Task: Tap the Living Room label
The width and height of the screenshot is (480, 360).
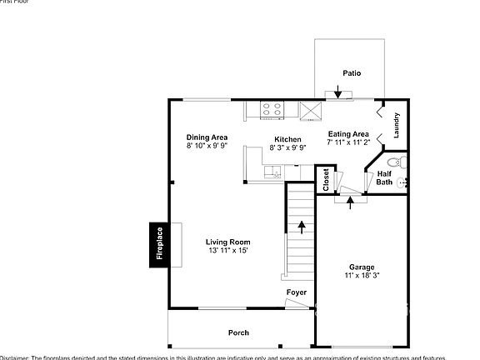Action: click(x=227, y=242)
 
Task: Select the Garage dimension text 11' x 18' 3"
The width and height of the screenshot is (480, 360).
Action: click(x=362, y=276)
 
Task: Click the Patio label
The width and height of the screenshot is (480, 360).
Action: click(x=352, y=73)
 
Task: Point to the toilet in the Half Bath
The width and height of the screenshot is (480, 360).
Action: click(x=397, y=160)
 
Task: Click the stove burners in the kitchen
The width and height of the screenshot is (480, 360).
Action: click(x=272, y=107)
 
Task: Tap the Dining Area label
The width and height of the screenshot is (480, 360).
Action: click(x=207, y=137)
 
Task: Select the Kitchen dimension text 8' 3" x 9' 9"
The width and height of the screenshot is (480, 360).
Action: click(x=287, y=147)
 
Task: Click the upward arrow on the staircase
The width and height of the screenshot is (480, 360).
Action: click(x=301, y=224)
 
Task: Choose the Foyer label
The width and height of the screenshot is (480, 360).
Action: click(x=297, y=292)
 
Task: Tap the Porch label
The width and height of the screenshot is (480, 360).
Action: click(x=239, y=332)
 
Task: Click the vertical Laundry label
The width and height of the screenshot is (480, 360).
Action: click(x=397, y=125)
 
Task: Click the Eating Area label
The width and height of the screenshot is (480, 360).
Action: click(x=348, y=134)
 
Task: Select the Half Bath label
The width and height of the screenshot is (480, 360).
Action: click(x=384, y=177)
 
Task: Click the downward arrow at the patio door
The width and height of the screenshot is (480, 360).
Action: click(x=337, y=92)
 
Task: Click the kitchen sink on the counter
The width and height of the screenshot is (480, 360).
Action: click(x=272, y=173)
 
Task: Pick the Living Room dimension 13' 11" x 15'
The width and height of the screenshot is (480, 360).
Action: click(x=227, y=251)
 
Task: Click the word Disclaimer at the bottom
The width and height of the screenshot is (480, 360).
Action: click(x=14, y=357)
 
